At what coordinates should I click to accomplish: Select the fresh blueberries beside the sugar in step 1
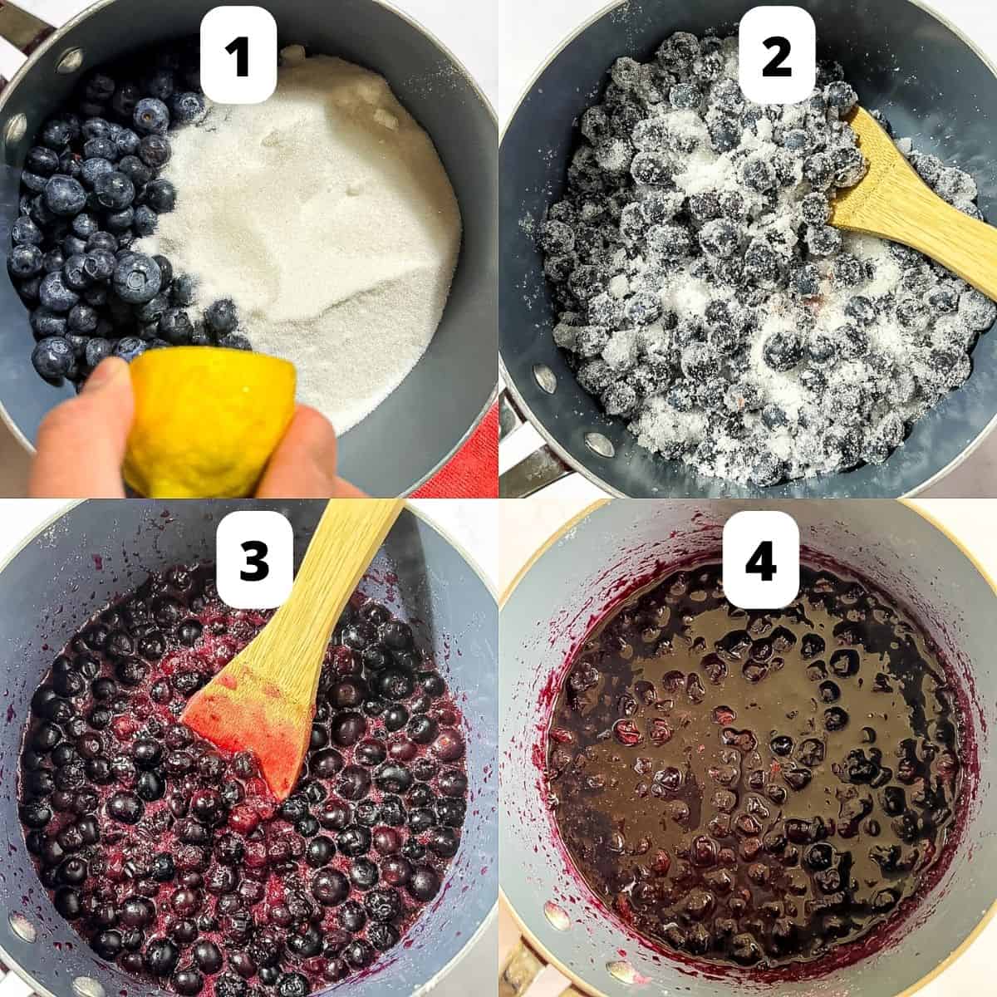pyautogui.click(x=91, y=216)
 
